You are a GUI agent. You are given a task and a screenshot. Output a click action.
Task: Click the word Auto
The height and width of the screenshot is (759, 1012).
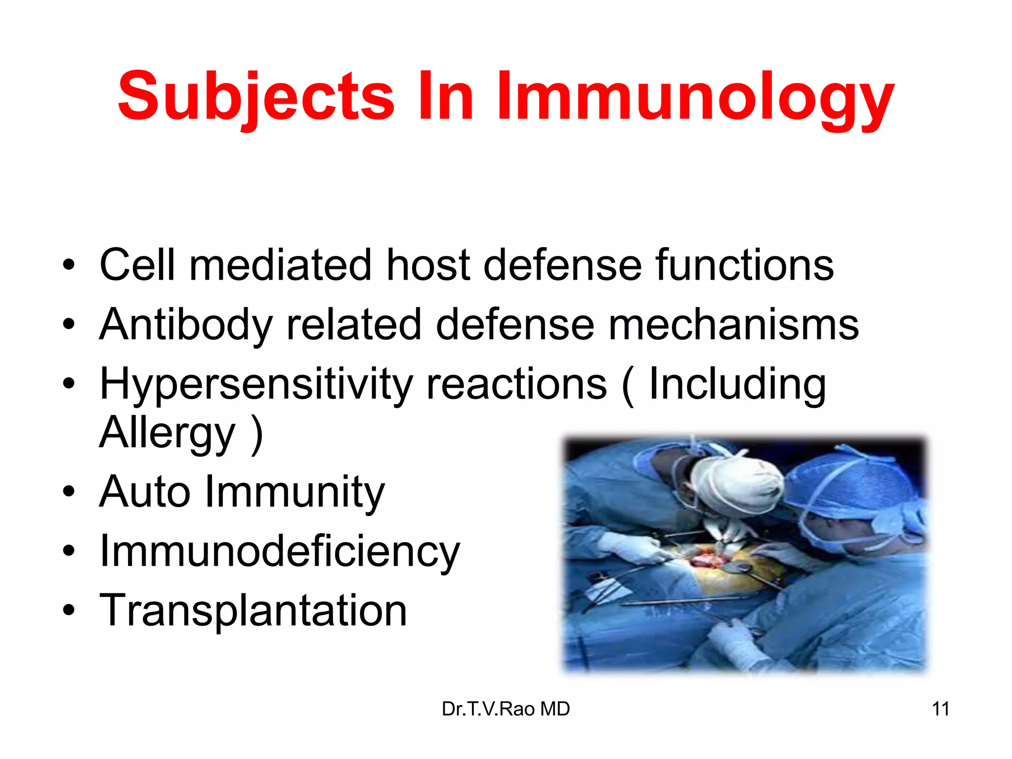(x=145, y=492)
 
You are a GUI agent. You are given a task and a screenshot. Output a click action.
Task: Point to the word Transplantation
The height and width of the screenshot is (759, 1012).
(x=253, y=611)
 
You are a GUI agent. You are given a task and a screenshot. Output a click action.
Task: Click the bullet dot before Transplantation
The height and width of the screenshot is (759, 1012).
(x=69, y=611)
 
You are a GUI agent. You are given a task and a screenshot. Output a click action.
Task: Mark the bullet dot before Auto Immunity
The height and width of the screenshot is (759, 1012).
(x=69, y=492)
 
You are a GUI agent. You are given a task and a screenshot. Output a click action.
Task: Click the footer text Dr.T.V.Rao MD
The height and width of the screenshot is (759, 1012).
(x=506, y=709)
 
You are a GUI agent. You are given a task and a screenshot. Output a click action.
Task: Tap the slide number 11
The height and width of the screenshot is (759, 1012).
(x=940, y=709)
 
